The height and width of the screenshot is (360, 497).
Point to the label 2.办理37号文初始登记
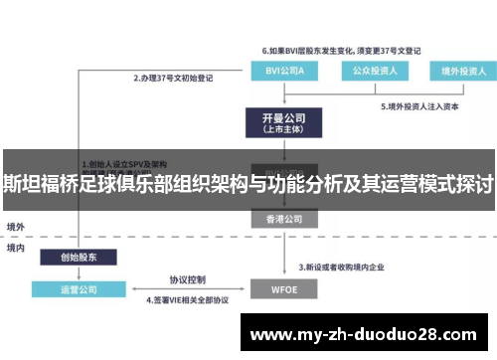click(174, 77)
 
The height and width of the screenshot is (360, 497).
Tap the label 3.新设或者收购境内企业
click(347, 268)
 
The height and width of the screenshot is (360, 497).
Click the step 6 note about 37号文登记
click(341, 48)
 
